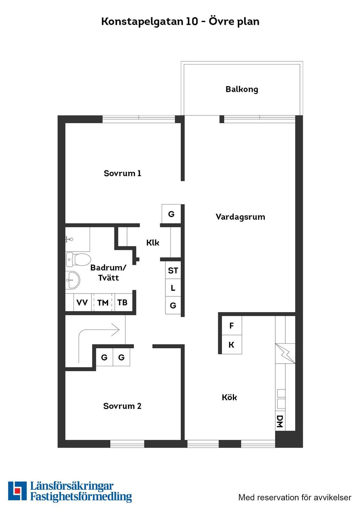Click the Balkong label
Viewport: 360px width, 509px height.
point(242,89)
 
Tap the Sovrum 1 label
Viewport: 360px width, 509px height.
point(122,173)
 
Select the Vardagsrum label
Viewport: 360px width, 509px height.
point(240,217)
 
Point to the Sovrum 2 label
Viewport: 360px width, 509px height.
point(122,406)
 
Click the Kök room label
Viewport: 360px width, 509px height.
point(229,397)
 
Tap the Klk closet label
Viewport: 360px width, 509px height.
point(153,243)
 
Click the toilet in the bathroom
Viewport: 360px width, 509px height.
point(79,259)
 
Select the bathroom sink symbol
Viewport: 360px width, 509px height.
point(73,280)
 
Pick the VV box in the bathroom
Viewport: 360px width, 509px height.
point(82,302)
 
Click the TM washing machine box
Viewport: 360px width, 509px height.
point(103,302)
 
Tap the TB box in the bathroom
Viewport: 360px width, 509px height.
point(122,302)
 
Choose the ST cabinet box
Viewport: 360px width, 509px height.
point(173,270)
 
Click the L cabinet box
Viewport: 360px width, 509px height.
point(173,288)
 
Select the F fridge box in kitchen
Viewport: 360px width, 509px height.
point(231,326)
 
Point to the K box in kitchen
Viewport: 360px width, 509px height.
point(231,345)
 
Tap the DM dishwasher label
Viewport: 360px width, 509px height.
point(280,421)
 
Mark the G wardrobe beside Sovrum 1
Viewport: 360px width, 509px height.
point(171,214)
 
